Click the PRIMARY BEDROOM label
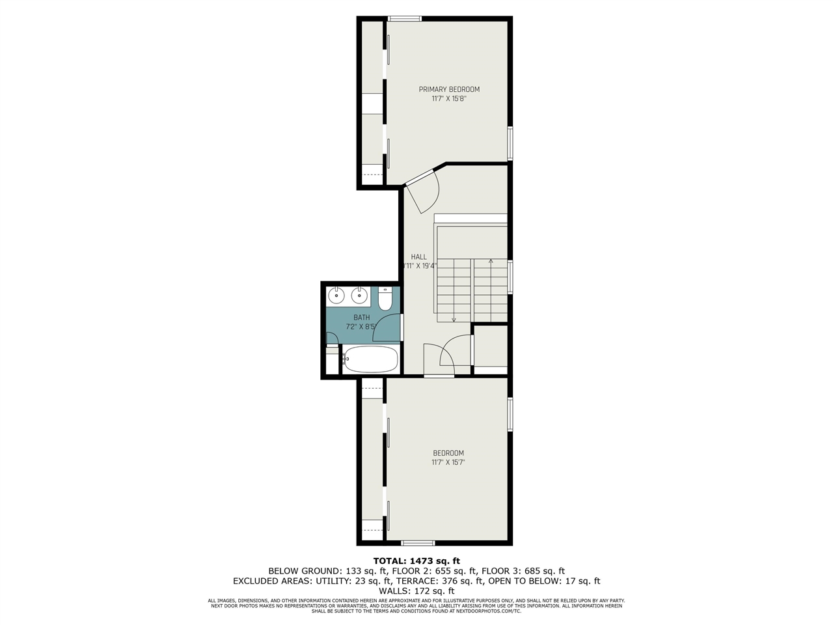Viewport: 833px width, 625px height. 449,90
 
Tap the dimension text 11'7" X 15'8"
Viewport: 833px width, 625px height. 449,100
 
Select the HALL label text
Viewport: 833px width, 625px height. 418,257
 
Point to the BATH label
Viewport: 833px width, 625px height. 361,318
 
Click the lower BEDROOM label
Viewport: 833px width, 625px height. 448,454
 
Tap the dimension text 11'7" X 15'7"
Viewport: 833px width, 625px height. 448,463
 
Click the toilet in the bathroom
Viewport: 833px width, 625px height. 385,299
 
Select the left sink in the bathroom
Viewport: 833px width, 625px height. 336,296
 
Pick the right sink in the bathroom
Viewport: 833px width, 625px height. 359,296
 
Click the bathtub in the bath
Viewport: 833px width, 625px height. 370,359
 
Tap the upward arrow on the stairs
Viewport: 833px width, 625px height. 491,262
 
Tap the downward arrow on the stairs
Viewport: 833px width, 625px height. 454,318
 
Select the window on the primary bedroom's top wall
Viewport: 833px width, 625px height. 404,19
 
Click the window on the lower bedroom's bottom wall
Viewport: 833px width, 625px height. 418,543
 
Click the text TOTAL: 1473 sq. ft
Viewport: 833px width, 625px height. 416,561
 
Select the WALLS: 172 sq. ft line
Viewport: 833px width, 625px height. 416,590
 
